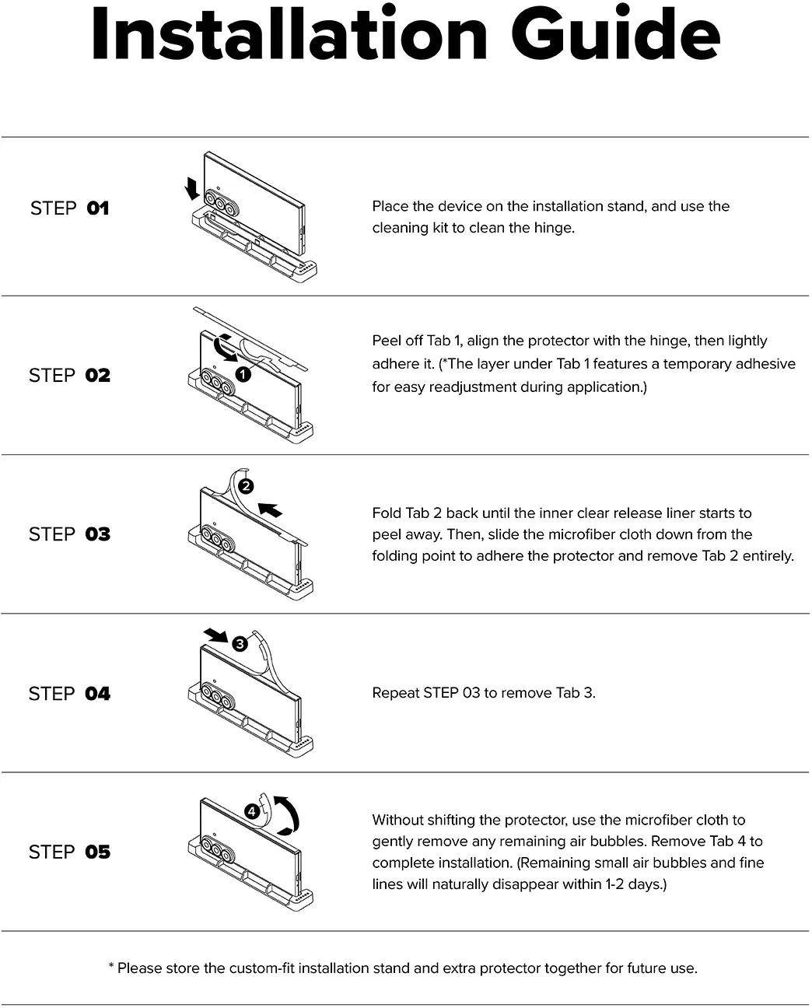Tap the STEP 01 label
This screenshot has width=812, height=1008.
click(x=70, y=208)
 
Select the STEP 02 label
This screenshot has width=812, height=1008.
click(x=70, y=375)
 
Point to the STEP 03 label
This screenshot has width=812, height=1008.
click(x=70, y=534)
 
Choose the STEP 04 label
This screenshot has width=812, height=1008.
click(x=70, y=693)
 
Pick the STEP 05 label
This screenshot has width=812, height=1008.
click(x=70, y=852)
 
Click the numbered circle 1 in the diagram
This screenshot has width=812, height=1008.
click(x=243, y=374)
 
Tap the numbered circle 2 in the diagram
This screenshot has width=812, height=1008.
click(x=246, y=486)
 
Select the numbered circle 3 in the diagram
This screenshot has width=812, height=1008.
click(x=240, y=643)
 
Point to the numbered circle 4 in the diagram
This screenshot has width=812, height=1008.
click(x=252, y=811)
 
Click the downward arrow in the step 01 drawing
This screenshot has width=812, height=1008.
click(x=191, y=188)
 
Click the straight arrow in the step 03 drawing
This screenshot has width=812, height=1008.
click(x=271, y=509)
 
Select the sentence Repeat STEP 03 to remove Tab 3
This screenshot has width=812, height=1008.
click(x=484, y=693)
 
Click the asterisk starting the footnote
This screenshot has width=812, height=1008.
click(x=111, y=964)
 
